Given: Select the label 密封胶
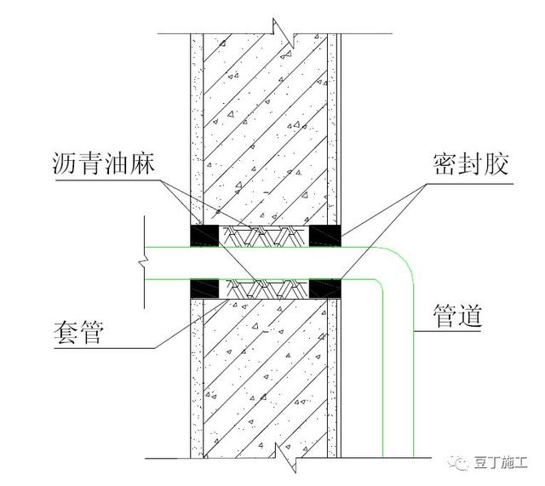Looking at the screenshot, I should [475, 164].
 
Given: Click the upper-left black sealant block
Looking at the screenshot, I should [205, 234].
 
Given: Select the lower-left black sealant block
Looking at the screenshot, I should [205, 289].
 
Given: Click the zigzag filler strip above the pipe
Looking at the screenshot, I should [264, 234].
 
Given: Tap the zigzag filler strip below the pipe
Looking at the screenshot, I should [264, 289].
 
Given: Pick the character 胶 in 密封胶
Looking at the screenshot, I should [498, 164].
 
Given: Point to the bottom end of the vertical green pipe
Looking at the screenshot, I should [398, 455].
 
